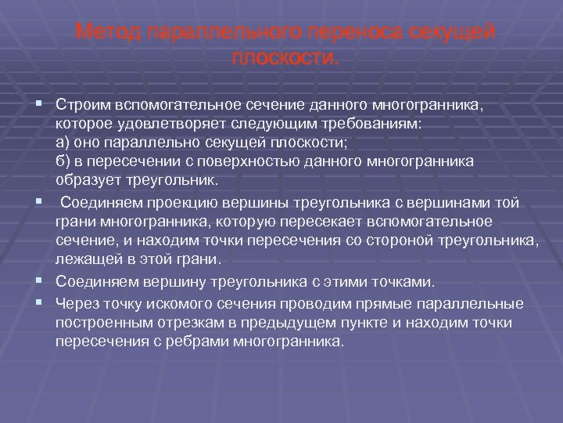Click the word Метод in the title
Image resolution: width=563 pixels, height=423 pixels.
point(109,34)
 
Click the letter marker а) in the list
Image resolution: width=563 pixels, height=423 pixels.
point(63,142)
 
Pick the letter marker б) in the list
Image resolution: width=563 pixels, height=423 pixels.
point(63,161)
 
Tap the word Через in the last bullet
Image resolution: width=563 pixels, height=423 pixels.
point(77,304)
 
